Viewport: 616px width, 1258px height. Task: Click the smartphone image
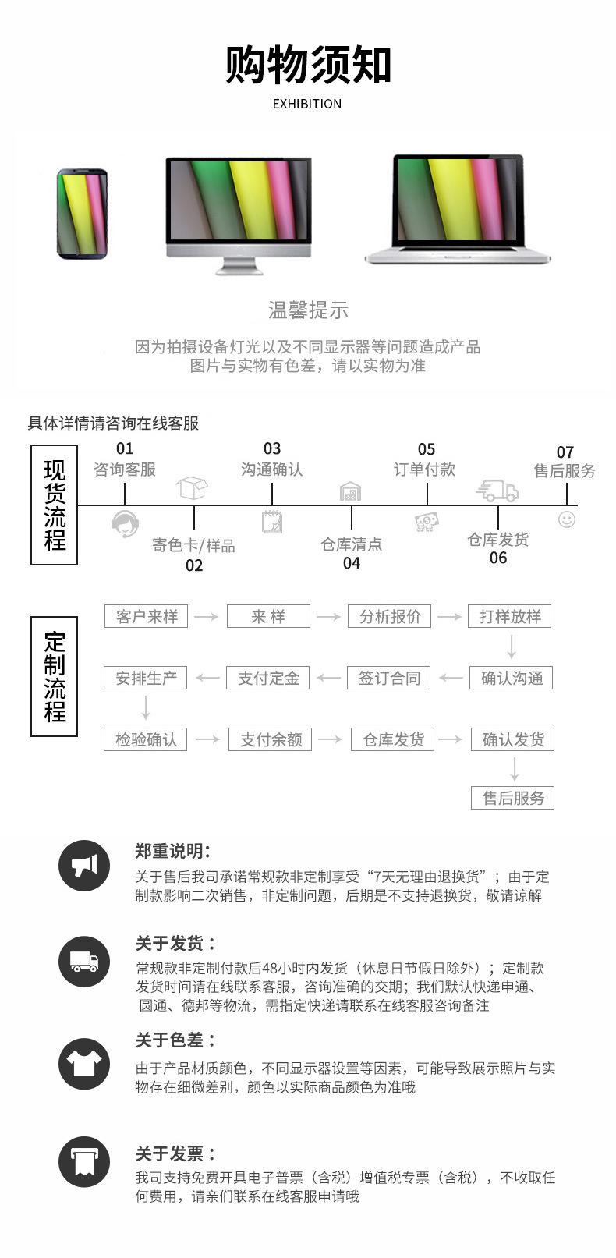pos(83,214)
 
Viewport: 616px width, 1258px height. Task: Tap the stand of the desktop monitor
pos(239,266)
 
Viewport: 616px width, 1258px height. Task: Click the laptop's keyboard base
pos(458,255)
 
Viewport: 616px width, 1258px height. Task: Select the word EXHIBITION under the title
pos(307,104)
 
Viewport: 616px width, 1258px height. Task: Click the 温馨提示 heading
pos(308,310)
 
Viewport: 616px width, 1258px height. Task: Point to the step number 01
pos(125,448)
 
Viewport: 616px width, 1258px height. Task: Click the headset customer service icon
pos(125,523)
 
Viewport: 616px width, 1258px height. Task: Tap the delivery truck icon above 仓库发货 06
pos(497,491)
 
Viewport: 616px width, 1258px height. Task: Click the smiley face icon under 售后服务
pos(567,519)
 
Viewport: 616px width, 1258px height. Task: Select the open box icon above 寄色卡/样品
pos(192,487)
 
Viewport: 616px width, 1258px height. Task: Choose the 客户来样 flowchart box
pos(146,616)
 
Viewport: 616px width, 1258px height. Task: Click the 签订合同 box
pos(389,678)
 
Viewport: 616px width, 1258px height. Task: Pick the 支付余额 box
pos(270,739)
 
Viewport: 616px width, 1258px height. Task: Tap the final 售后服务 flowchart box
pos(512,798)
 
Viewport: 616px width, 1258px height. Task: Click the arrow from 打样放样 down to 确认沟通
pos(511,647)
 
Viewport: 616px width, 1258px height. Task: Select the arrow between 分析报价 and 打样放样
pos(449,617)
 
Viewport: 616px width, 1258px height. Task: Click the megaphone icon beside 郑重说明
pos(84,866)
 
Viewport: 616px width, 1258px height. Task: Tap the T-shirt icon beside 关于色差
pos(84,1064)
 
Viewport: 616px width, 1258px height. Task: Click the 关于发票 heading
pos(175,1154)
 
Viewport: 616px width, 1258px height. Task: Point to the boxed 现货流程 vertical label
pos(54,505)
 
